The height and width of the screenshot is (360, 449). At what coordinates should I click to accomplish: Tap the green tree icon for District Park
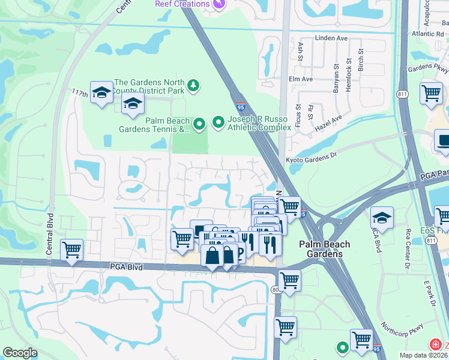pos(193,86)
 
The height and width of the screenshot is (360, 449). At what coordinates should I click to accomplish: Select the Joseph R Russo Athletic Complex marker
pos(219,122)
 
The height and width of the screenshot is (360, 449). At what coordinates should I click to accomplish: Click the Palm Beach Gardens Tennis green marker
pos(200,124)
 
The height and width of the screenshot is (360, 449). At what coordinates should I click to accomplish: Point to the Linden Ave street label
pos(331,38)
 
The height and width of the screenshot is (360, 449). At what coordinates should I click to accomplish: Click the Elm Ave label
pos(301,79)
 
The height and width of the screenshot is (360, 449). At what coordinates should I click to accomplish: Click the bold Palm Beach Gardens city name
pos(321,249)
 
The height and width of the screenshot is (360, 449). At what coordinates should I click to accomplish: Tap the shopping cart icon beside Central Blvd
pos(71,248)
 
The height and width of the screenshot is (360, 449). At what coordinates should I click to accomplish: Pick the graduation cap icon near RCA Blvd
pos(382,217)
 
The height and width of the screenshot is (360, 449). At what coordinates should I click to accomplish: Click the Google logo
pos(20,353)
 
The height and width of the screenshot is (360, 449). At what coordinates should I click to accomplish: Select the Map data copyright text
pos(424,355)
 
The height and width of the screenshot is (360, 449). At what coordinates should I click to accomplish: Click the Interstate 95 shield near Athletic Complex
pos(240,106)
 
